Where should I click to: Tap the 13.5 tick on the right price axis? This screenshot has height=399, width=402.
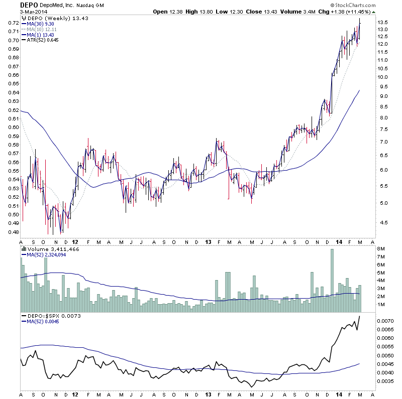click(x=384, y=23)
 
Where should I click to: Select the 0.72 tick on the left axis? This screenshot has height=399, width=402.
click(x=14, y=23)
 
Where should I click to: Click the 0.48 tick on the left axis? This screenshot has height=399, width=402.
click(x=14, y=232)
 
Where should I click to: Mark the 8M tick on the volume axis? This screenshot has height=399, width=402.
click(x=382, y=249)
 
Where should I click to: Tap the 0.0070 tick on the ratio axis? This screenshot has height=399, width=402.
click(x=386, y=320)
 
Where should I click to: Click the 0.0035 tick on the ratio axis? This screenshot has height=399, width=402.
click(x=386, y=381)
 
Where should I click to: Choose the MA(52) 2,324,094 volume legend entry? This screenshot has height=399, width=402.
click(x=51, y=255)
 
